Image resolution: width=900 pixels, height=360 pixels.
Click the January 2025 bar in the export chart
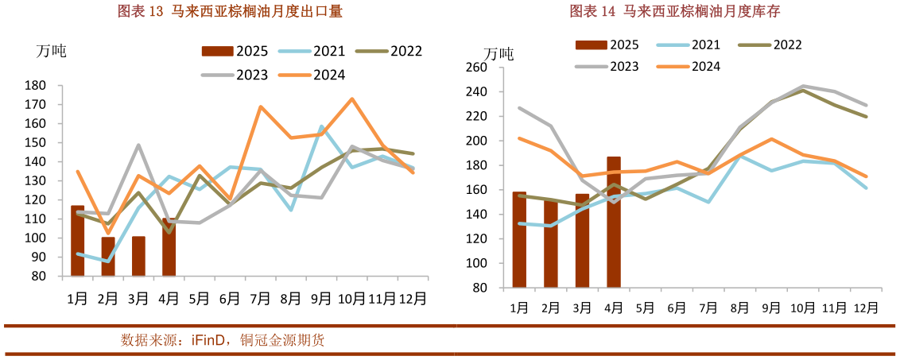click(77, 241)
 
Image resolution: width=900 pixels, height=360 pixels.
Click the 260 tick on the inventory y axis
click(475, 68)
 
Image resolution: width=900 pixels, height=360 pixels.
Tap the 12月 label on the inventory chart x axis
click(865, 308)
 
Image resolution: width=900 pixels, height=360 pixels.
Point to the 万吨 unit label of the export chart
click(52, 51)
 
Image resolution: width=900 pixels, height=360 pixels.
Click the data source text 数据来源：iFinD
click(222, 340)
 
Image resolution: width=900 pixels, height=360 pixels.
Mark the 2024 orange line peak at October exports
click(351, 99)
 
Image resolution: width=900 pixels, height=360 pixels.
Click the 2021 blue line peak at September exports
click(321, 126)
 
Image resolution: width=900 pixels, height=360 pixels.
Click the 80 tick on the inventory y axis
click(479, 288)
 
